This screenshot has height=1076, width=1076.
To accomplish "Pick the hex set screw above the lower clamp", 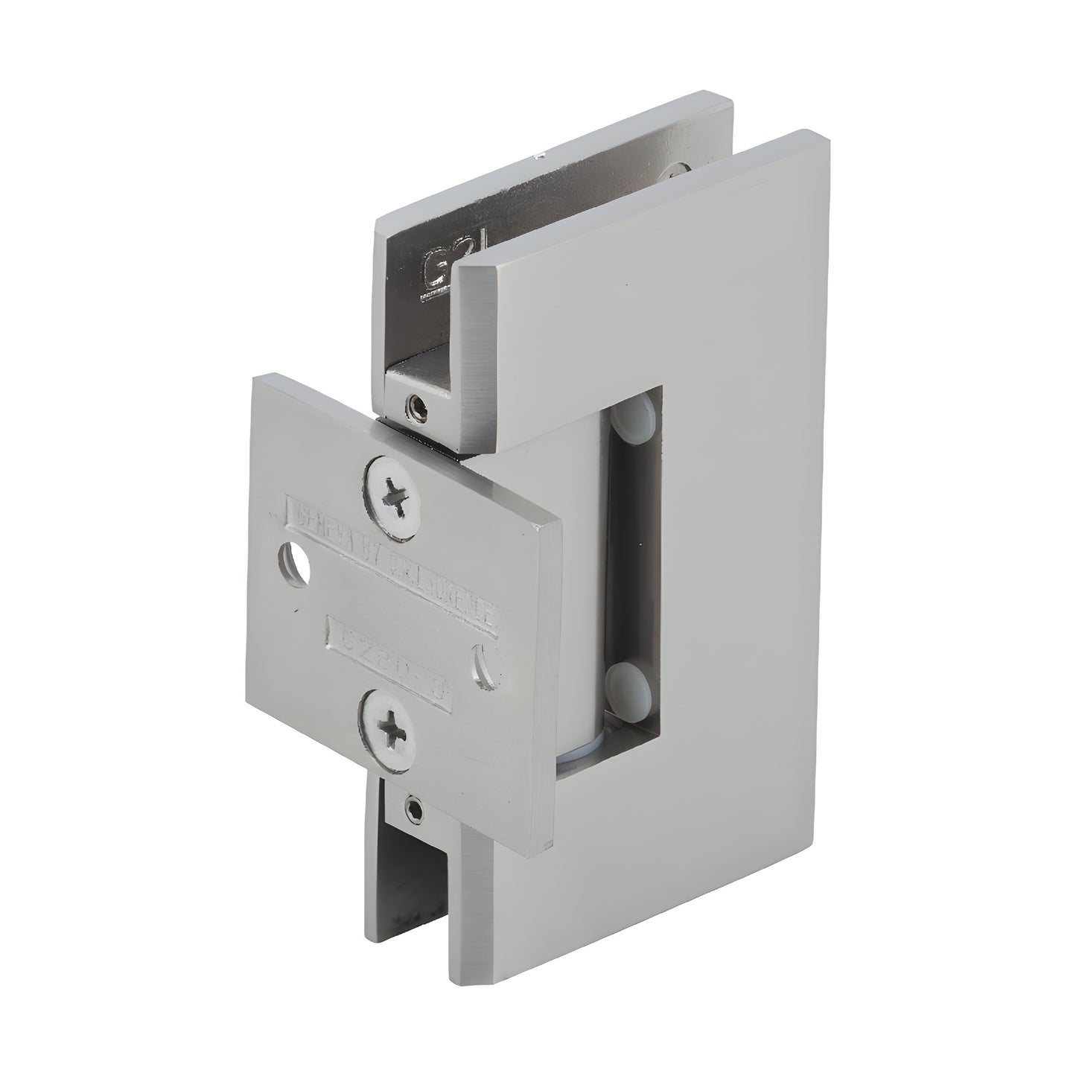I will coord(413,807).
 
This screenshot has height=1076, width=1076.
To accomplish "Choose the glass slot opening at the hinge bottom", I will coord(413,894).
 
